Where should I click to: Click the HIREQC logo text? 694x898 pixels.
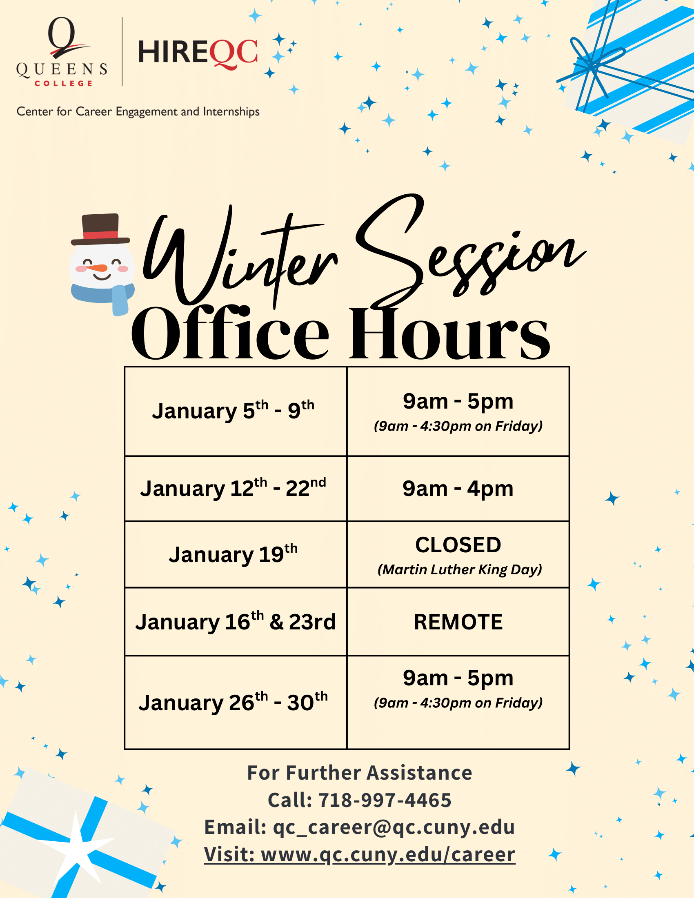(198, 53)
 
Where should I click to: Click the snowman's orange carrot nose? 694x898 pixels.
(99, 268)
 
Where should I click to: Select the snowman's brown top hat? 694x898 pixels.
(101, 229)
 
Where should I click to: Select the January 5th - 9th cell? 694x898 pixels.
(236, 411)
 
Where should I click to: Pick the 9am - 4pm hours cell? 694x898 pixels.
(458, 489)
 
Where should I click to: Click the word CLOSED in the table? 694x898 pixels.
(458, 545)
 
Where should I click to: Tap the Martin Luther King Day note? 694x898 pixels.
(460, 569)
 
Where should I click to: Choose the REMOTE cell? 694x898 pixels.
(458, 622)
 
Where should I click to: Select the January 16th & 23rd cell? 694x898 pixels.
(236, 622)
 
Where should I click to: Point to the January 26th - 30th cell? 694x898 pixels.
(236, 702)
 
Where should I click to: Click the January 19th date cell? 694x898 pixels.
(236, 554)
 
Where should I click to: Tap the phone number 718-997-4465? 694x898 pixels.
(385, 800)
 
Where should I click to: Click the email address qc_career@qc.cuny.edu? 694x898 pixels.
(394, 827)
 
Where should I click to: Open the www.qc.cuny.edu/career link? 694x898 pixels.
(388, 854)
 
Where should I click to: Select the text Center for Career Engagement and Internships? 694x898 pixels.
(138, 111)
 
